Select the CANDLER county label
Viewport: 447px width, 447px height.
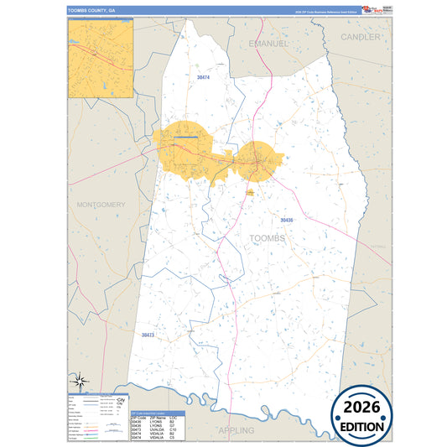pyautogui.click(x=361, y=38)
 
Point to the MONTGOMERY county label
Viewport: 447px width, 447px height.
pyautogui.click(x=101, y=205)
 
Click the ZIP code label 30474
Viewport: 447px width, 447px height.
pyautogui.click(x=202, y=78)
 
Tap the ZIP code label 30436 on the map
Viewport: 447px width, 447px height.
pyautogui.click(x=286, y=220)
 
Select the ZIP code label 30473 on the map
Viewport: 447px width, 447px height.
pyautogui.click(x=148, y=335)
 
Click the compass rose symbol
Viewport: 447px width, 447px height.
pyautogui.click(x=80, y=382)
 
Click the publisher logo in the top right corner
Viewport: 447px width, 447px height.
pyautogui.click(x=371, y=10)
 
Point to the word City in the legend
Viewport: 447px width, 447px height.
pyautogui.click(x=121, y=399)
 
